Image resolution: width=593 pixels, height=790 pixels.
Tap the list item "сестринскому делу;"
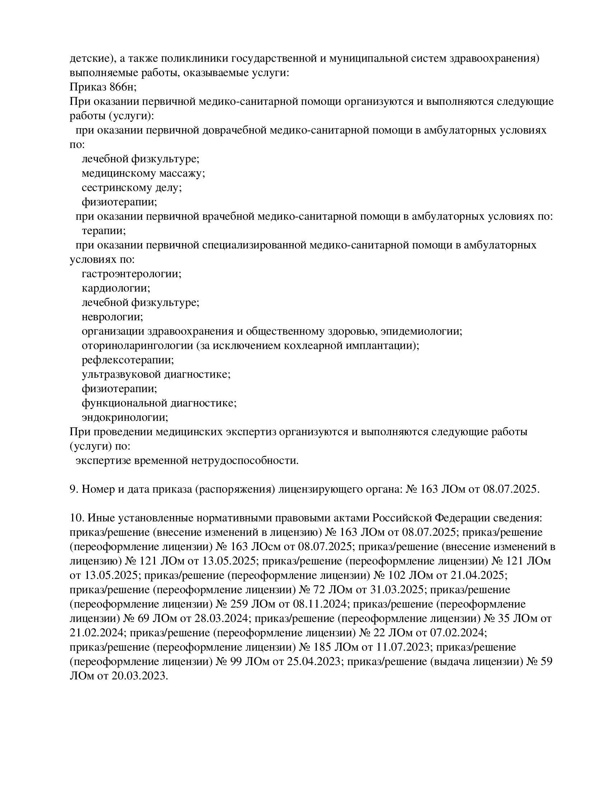coord(132,187)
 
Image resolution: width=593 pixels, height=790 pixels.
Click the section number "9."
coord(74,489)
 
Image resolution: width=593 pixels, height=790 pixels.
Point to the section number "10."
coord(76,518)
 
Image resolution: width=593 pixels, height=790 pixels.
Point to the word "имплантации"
coord(386,345)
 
